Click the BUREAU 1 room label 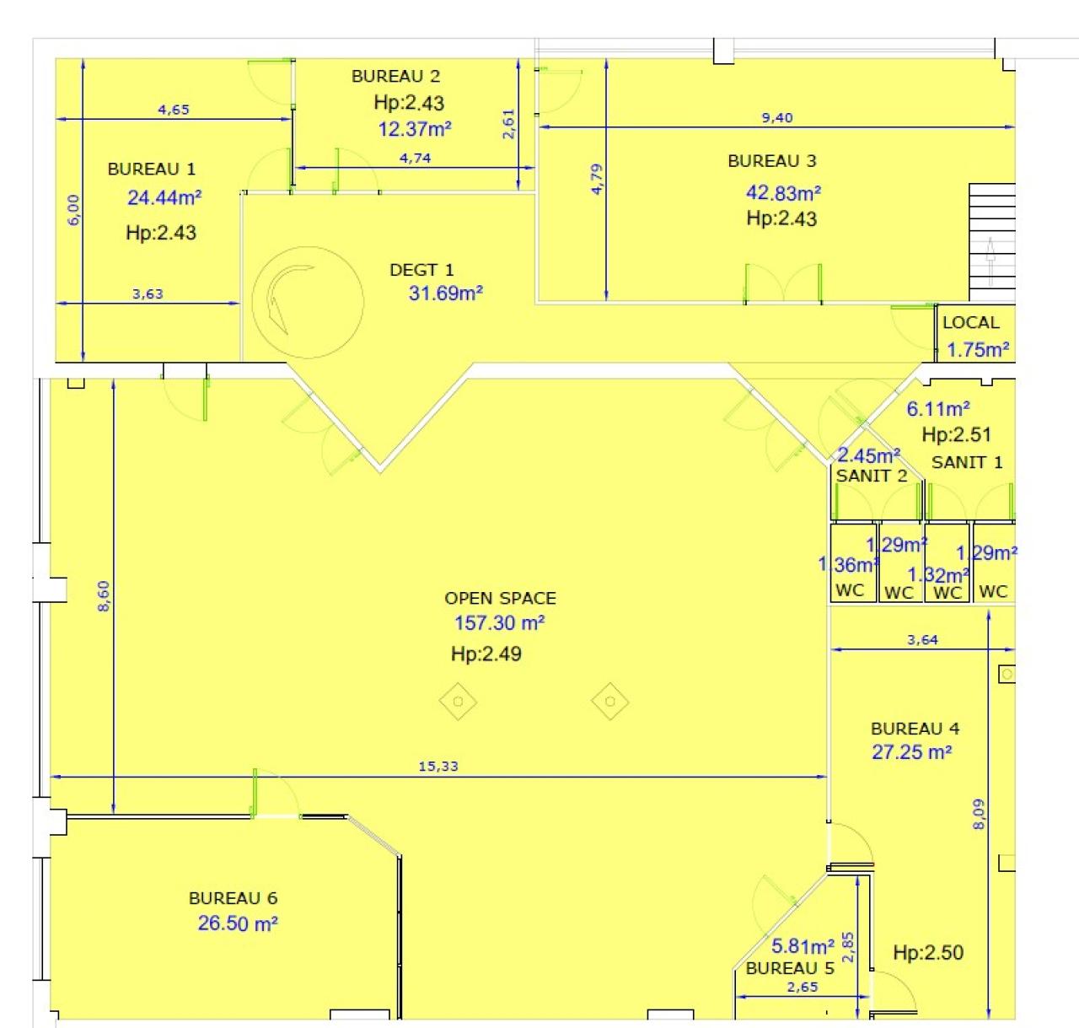tap(152, 169)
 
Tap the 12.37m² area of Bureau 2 tap(415, 129)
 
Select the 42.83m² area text tap(783, 193)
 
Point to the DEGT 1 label tap(421, 270)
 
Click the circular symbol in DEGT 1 tap(308, 302)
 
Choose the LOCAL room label tap(971, 322)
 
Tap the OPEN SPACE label tap(500, 598)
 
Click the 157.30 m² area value tap(499, 623)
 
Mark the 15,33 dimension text tap(438, 766)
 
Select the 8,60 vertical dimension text tap(103, 595)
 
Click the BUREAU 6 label tap(233, 898)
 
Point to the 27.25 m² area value tap(911, 752)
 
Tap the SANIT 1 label tap(967, 462)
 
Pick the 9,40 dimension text tap(777, 117)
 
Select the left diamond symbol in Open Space tap(458, 702)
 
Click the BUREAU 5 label tap(790, 968)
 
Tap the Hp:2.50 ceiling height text tap(928, 953)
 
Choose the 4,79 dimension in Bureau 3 tap(597, 179)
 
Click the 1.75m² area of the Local tap(978, 350)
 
